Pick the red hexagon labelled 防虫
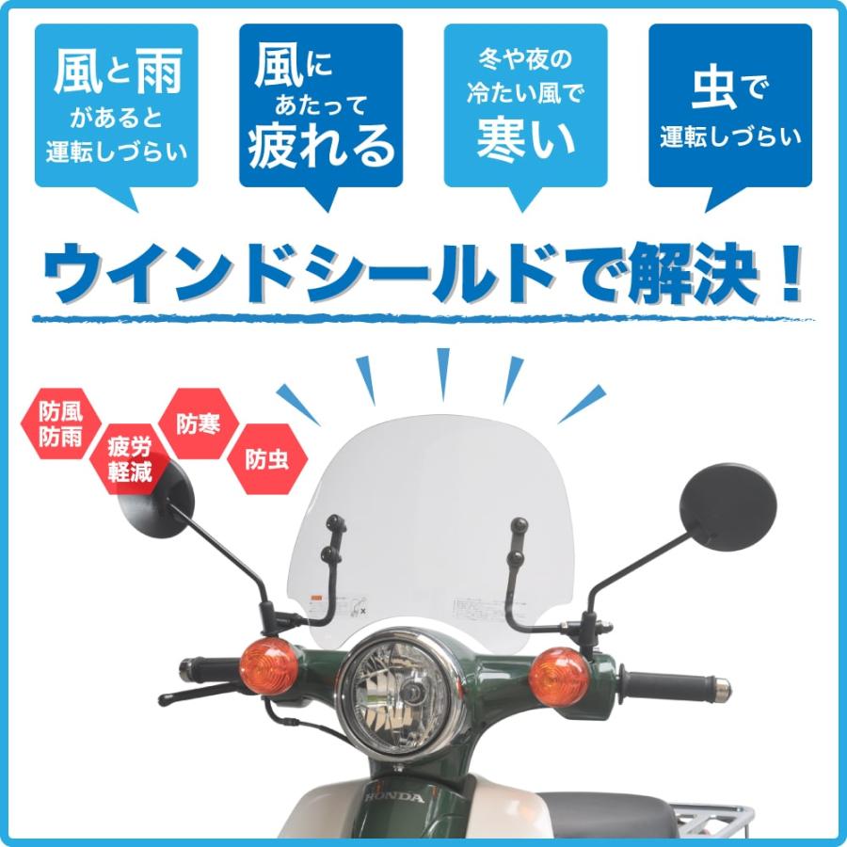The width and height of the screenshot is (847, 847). (x=266, y=460)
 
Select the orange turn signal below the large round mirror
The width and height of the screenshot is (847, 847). (x=559, y=672)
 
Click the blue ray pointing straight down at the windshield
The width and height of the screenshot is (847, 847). (x=443, y=373)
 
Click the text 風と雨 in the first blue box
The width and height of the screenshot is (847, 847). (x=117, y=73)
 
